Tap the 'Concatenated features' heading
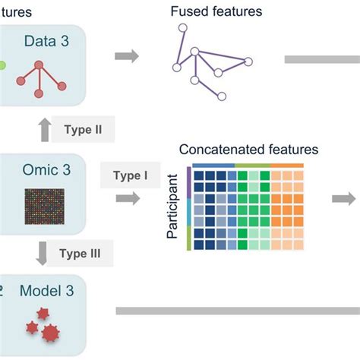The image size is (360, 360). click(248, 150)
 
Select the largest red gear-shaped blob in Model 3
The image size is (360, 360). click(51, 332)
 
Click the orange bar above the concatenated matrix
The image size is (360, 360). click(287, 165)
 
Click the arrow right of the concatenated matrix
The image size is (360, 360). click(345, 199)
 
